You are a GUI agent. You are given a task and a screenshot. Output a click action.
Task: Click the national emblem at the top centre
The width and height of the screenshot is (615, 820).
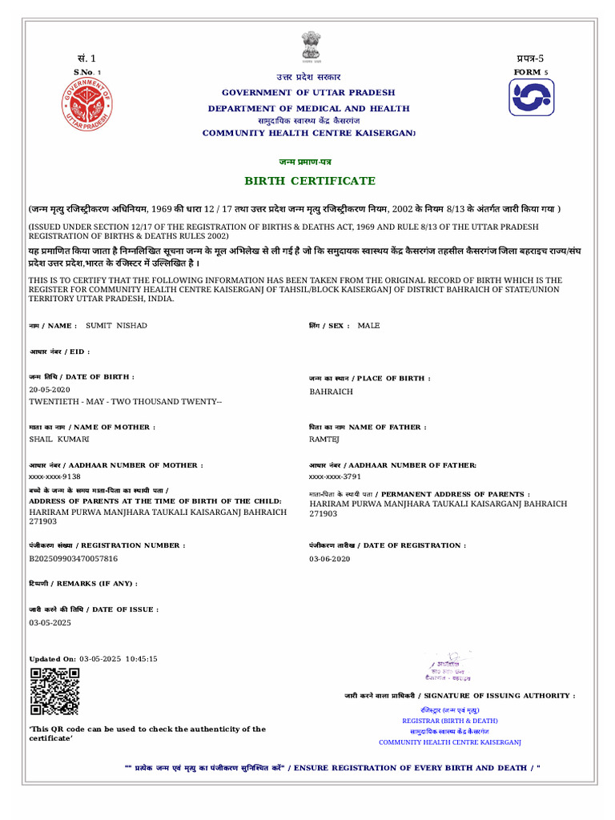(x=309, y=47)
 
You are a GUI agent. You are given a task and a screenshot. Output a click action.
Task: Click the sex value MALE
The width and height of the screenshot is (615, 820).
(x=369, y=325)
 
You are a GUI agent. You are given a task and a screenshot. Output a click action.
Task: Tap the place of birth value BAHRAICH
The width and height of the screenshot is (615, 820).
(x=331, y=392)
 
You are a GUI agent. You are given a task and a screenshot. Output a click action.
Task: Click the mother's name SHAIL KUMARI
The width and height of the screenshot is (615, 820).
(x=59, y=440)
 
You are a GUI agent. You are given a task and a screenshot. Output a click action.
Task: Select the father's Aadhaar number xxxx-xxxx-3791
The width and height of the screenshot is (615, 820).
(x=336, y=476)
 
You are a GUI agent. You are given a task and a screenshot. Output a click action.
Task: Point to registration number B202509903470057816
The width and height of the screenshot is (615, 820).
(x=74, y=558)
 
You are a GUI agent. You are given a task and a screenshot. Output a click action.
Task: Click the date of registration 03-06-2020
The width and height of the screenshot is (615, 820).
(x=330, y=558)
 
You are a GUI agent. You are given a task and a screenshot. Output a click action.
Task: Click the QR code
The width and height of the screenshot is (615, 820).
(x=54, y=691)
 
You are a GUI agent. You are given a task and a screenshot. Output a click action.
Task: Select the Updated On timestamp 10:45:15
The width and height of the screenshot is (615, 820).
(x=141, y=658)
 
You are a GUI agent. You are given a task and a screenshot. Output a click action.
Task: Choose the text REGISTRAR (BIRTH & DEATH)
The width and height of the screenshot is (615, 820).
(x=449, y=721)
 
